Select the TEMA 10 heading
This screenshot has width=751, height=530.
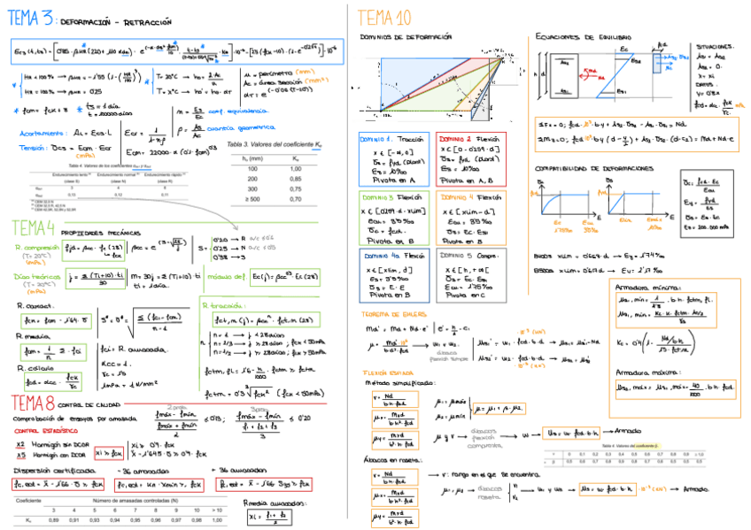click(385, 17)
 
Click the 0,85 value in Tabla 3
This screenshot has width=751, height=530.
click(296, 178)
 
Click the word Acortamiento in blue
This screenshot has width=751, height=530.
click(39, 132)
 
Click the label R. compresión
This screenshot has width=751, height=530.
click(39, 248)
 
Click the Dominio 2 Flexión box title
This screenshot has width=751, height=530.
click(469, 141)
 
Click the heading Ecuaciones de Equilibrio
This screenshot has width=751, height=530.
click(584, 37)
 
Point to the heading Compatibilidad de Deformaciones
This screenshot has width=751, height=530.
click(595, 167)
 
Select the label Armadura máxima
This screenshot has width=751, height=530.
click(648, 373)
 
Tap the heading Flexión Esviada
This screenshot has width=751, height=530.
click(387, 373)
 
